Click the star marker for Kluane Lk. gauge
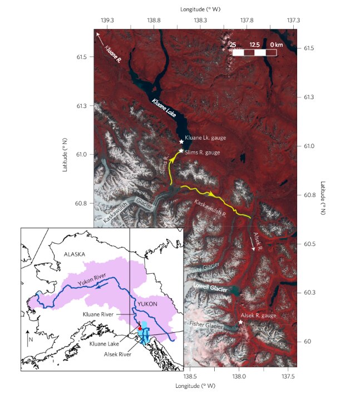coord(181,142)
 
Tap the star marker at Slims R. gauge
coord(181,151)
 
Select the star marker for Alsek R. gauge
coord(240,322)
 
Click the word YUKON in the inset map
coord(148,304)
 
